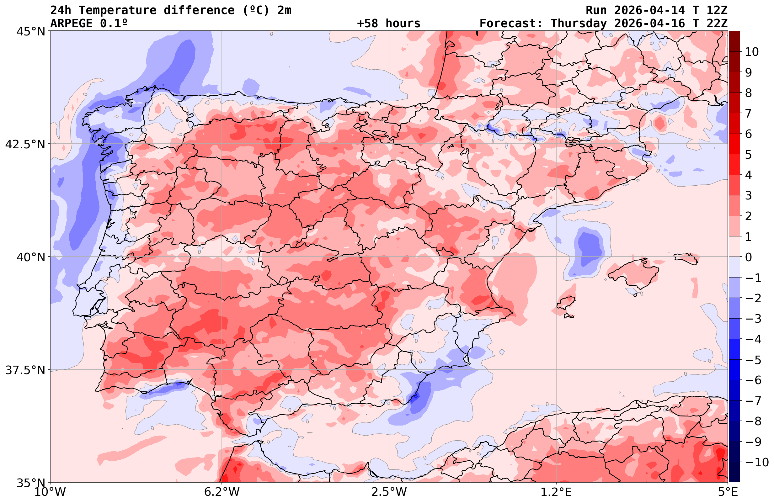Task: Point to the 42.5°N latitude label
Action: click(x=25, y=144)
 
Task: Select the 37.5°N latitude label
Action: click(x=25, y=370)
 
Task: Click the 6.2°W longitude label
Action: click(x=222, y=492)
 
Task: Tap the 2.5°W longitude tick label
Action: click(x=389, y=492)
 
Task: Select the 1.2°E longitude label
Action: click(x=556, y=492)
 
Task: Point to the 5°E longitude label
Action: click(x=728, y=492)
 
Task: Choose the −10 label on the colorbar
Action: click(x=756, y=462)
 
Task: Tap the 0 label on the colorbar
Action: click(x=748, y=257)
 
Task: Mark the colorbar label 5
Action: click(x=748, y=155)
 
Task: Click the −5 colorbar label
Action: click(x=753, y=360)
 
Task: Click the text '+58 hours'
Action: click(x=389, y=24)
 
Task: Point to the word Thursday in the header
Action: click(x=579, y=24)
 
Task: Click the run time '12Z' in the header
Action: click(x=717, y=10)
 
